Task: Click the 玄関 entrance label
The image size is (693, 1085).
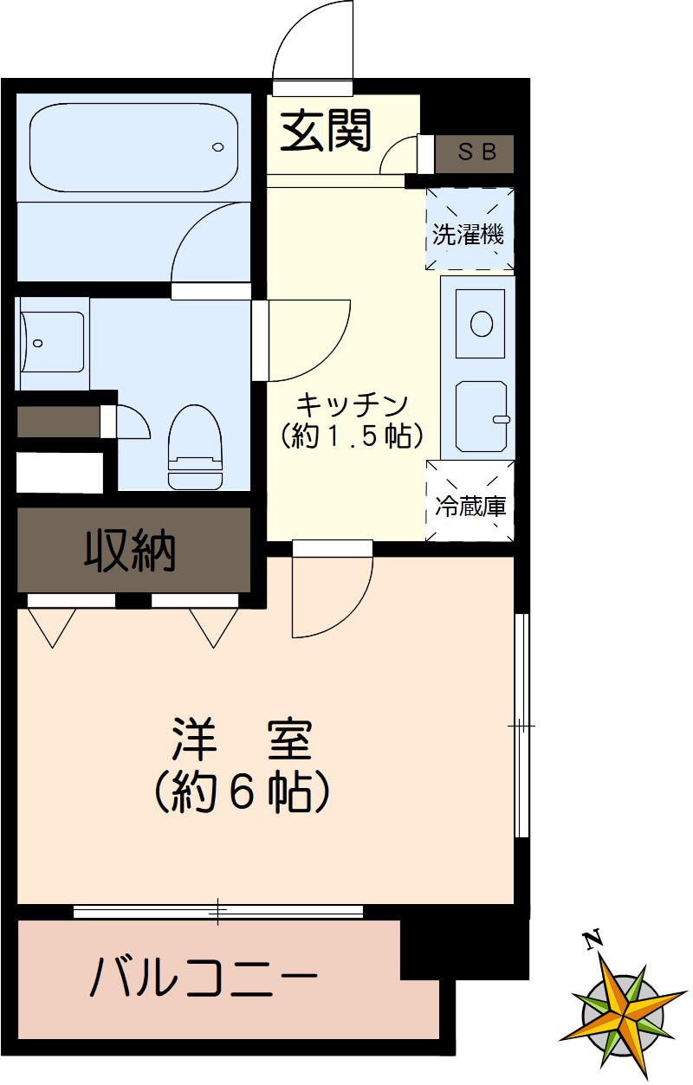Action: click(326, 132)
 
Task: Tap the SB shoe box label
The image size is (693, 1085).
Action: click(477, 152)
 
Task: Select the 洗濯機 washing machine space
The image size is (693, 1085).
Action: click(469, 230)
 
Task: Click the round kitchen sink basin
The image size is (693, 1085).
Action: click(481, 323)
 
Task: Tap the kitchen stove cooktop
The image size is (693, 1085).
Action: click(481, 417)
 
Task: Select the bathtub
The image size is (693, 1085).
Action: click(134, 148)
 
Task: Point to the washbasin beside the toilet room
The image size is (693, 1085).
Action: click(54, 343)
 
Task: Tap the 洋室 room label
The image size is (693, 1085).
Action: click(241, 739)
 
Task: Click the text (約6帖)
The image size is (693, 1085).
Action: click(241, 790)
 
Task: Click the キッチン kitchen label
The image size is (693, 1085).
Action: click(352, 404)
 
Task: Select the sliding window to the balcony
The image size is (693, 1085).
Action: click(218, 911)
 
